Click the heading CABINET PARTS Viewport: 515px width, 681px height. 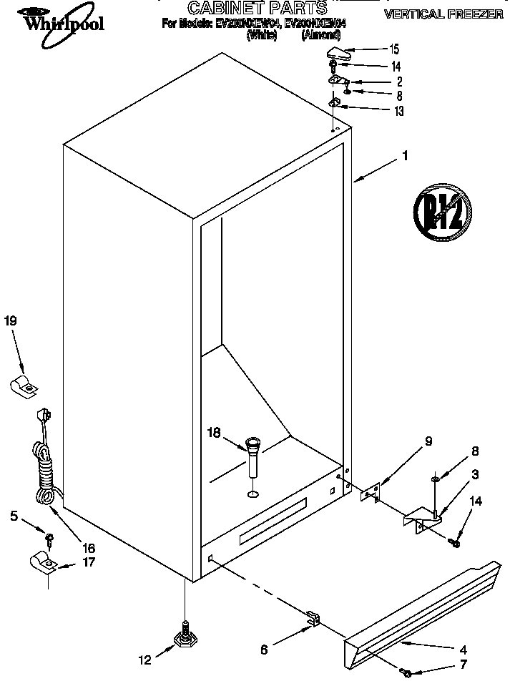point(257,8)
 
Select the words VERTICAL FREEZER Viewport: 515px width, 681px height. point(443,14)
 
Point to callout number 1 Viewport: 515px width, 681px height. point(405,154)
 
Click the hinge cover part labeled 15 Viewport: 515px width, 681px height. point(342,53)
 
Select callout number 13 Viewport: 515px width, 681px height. point(398,111)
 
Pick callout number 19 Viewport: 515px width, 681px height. point(10,321)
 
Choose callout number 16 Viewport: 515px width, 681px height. point(88,548)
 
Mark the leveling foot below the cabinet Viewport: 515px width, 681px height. point(185,634)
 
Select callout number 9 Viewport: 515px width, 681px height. point(428,441)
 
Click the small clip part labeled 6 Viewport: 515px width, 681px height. point(312,619)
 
